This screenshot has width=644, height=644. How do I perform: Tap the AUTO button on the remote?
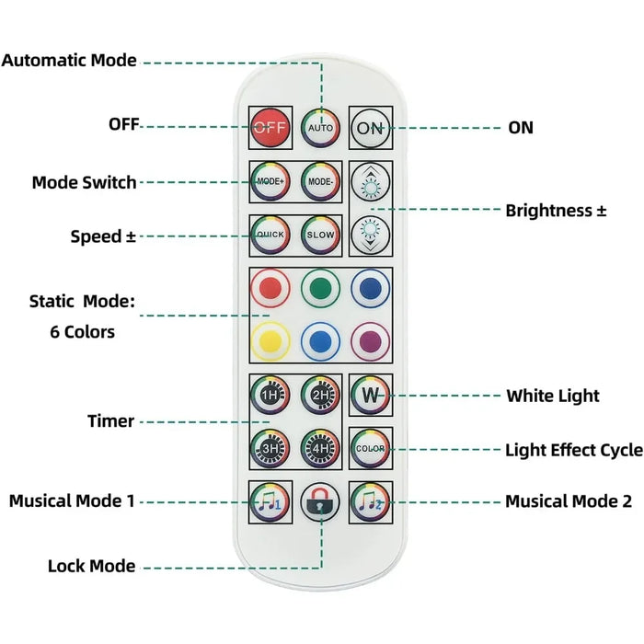(321, 128)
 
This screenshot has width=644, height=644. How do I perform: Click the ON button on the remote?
(370, 128)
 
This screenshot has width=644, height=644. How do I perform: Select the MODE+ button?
(270, 181)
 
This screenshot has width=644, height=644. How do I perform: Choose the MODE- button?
(321, 181)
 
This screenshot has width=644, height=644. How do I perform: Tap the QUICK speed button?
(270, 236)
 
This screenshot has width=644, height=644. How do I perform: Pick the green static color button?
(321, 288)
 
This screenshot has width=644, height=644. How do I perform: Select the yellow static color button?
(270, 341)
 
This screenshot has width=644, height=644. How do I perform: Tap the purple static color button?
(370, 341)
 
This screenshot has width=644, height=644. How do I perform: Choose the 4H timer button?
(321, 448)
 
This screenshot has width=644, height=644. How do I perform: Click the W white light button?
(370, 396)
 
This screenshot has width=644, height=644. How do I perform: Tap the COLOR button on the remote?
(370, 448)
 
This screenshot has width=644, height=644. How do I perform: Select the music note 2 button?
(370, 501)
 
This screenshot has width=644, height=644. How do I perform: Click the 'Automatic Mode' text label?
(69, 61)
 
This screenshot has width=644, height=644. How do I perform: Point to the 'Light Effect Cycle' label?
(573, 450)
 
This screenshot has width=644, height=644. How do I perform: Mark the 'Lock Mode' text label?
(91, 566)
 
